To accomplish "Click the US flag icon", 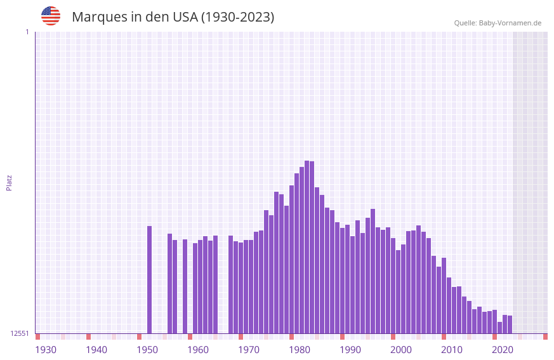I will point(51,16).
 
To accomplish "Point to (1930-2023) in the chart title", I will point(237,17).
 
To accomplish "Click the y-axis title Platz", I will point(9,182).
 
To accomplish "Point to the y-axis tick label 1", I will point(27,32).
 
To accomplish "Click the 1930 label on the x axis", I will point(46,350).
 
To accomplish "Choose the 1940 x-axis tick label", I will point(96,350).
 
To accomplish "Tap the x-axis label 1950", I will point(147,350).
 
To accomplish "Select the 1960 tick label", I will point(198,350).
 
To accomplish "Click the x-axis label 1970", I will point(249,350).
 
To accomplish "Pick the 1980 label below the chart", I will point(300,350).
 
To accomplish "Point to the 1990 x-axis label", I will point(350,350).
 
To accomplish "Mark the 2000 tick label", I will point(401,350).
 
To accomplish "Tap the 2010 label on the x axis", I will point(452,350).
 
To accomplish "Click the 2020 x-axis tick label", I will point(503,350).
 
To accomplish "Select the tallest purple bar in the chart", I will point(307,248).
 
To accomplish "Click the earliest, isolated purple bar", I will point(150,279).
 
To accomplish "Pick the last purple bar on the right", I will point(510,324).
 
